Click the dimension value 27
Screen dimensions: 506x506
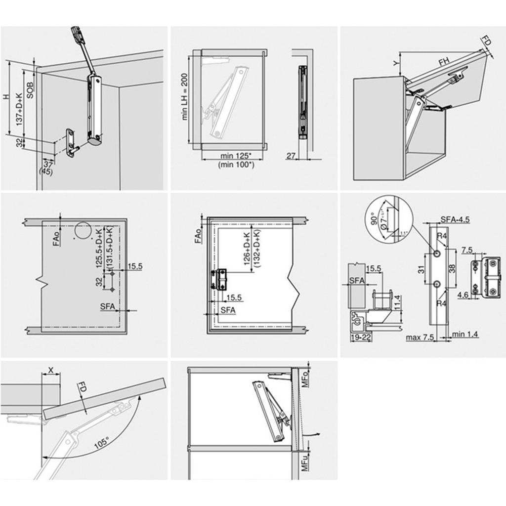point(291,156)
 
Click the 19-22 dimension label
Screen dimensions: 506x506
point(360,337)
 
